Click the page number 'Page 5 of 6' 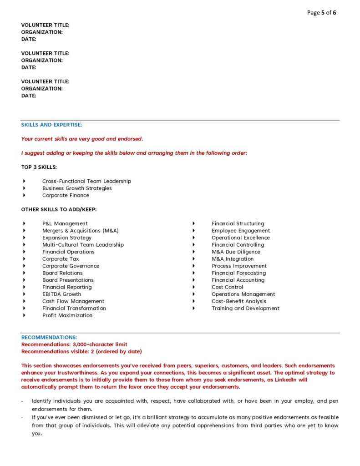click(321, 13)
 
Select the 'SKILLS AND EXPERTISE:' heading click(51, 125)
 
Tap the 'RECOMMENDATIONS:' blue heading click(49, 338)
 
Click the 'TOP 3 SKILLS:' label click(39, 167)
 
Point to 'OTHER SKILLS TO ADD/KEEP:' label click(59, 209)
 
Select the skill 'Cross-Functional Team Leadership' click(86, 181)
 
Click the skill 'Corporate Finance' click(66, 195)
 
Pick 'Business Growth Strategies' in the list click(77, 188)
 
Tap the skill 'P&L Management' click(65, 223)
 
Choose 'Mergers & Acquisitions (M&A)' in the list click(81, 231)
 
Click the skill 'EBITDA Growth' click(62, 294)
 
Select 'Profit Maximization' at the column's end click(67, 315)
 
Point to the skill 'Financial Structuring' click(238, 223)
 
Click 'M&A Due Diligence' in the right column click(236, 252)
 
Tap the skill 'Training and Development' click(245, 308)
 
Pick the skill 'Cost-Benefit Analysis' click(239, 301)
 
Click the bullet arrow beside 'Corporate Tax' click(24, 259)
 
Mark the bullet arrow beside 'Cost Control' click(193, 287)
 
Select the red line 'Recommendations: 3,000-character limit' click(74, 344)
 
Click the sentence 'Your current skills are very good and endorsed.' click(82, 139)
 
